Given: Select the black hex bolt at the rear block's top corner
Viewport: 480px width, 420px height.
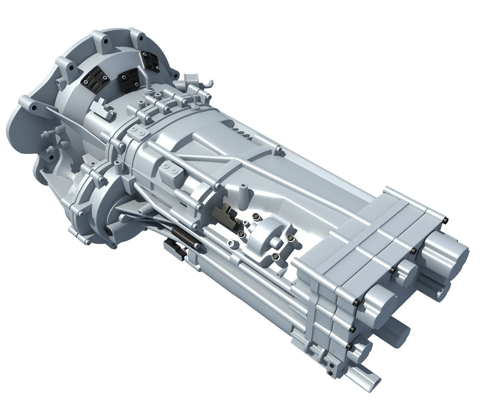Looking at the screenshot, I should (x=445, y=222).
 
